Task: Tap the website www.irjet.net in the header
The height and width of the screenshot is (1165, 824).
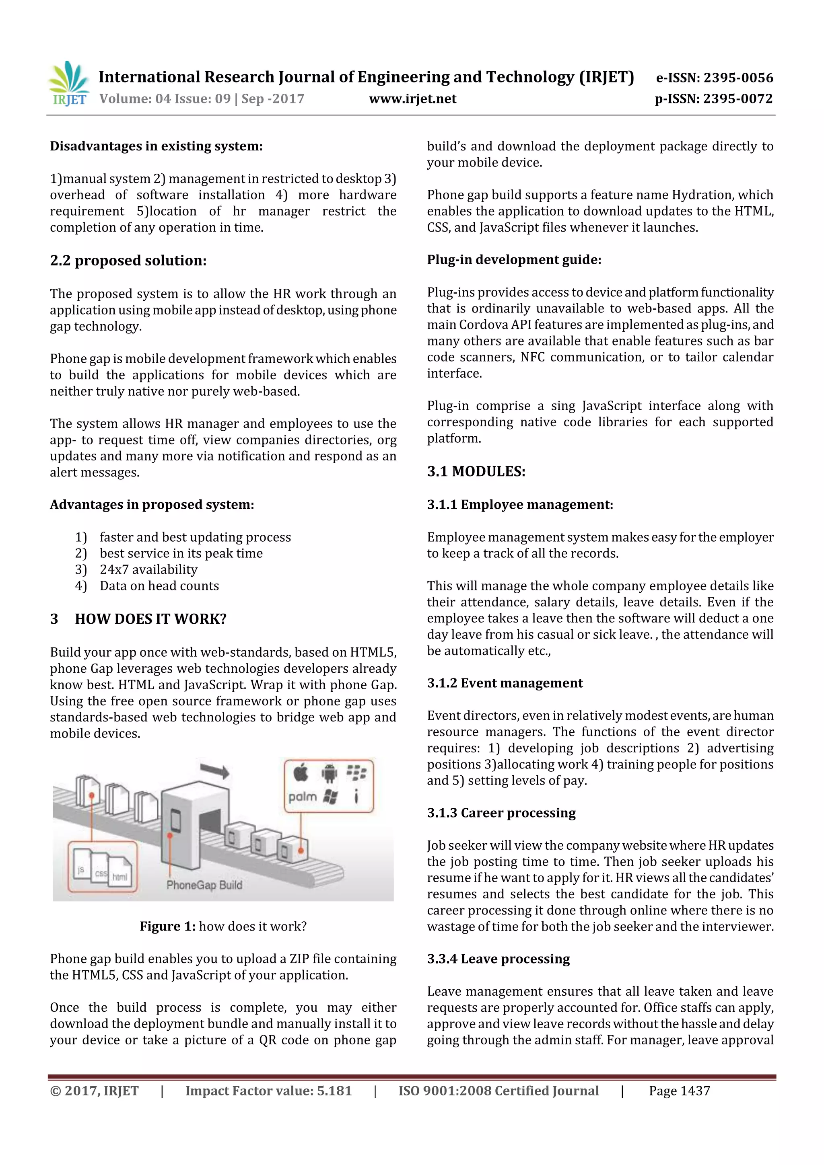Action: pos(412,99)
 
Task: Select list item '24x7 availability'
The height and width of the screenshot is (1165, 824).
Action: pos(148,569)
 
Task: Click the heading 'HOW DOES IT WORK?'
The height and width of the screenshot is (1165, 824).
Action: pos(150,619)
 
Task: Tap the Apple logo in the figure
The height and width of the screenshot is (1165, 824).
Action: pos(301,773)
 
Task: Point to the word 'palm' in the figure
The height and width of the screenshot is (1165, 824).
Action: pos(303,797)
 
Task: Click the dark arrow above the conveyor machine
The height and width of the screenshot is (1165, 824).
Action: pos(215,771)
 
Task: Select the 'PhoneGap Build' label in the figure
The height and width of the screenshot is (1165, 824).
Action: pos(204,885)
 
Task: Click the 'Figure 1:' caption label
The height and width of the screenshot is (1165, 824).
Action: pos(167,927)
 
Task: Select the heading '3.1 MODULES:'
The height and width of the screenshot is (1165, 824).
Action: pos(476,471)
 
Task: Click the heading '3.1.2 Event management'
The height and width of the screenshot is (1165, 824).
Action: pos(505,683)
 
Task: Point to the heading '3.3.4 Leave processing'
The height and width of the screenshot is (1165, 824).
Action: pos(498,959)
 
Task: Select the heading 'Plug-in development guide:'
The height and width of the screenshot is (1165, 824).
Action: pos(514,260)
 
